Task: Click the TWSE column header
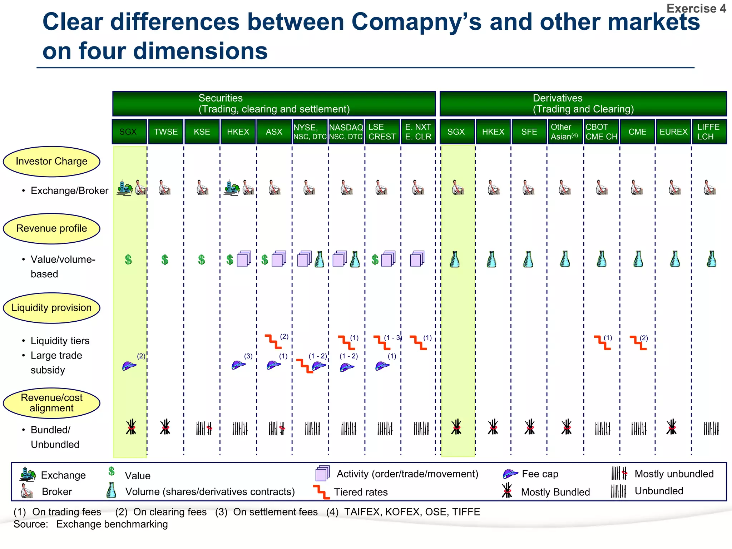click(166, 132)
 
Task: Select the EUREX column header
click(673, 132)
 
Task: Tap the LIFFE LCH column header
click(709, 132)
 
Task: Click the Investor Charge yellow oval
click(51, 162)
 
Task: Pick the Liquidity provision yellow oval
click(51, 308)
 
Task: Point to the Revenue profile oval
click(51, 228)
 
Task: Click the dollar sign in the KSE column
click(202, 259)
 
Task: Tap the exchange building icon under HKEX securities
click(232, 187)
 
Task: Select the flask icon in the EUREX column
click(675, 259)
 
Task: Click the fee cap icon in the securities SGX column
click(129, 366)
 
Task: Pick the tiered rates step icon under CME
click(638, 342)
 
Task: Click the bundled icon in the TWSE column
click(165, 427)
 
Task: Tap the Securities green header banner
click(274, 103)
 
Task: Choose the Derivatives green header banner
click(583, 103)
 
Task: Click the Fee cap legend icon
click(510, 474)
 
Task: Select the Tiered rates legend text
click(361, 492)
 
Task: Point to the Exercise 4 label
click(696, 8)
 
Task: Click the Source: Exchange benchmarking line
click(91, 524)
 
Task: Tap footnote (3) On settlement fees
click(267, 512)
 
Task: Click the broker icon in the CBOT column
click(602, 187)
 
